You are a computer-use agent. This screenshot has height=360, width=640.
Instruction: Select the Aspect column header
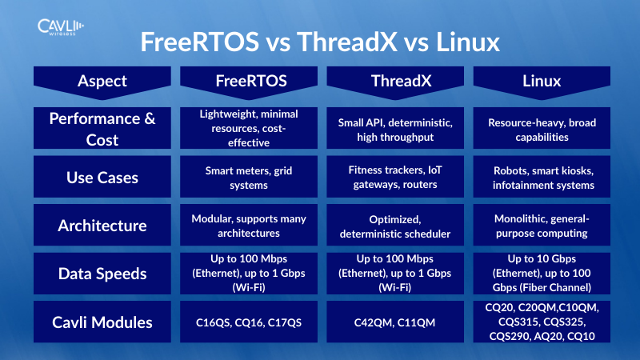click(102, 80)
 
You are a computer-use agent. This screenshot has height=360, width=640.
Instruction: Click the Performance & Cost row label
click(102, 129)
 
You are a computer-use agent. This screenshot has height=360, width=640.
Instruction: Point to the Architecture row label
click(102, 226)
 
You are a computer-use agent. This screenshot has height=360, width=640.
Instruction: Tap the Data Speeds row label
click(102, 274)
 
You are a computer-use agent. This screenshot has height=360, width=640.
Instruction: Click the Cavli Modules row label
click(102, 322)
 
